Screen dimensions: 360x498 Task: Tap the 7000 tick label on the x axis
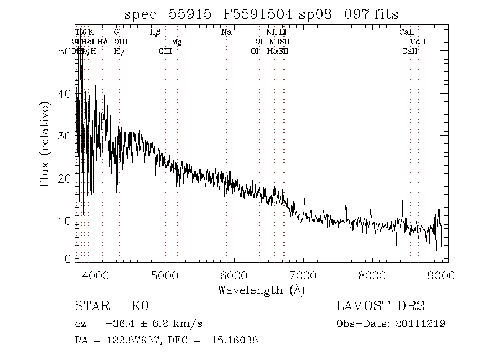(303, 275)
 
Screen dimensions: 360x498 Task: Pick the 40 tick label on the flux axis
(65, 94)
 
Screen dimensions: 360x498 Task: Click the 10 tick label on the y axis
(65, 220)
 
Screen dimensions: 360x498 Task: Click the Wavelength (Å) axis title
(261, 290)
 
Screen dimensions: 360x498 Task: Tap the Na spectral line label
(226, 32)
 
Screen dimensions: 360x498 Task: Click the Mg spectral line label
(176, 42)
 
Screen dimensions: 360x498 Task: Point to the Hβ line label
(155, 32)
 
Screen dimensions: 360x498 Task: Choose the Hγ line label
(118, 51)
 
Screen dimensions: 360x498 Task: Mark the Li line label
(282, 32)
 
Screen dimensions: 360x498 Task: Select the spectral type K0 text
(140, 306)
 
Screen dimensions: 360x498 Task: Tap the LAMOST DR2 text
(380, 306)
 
